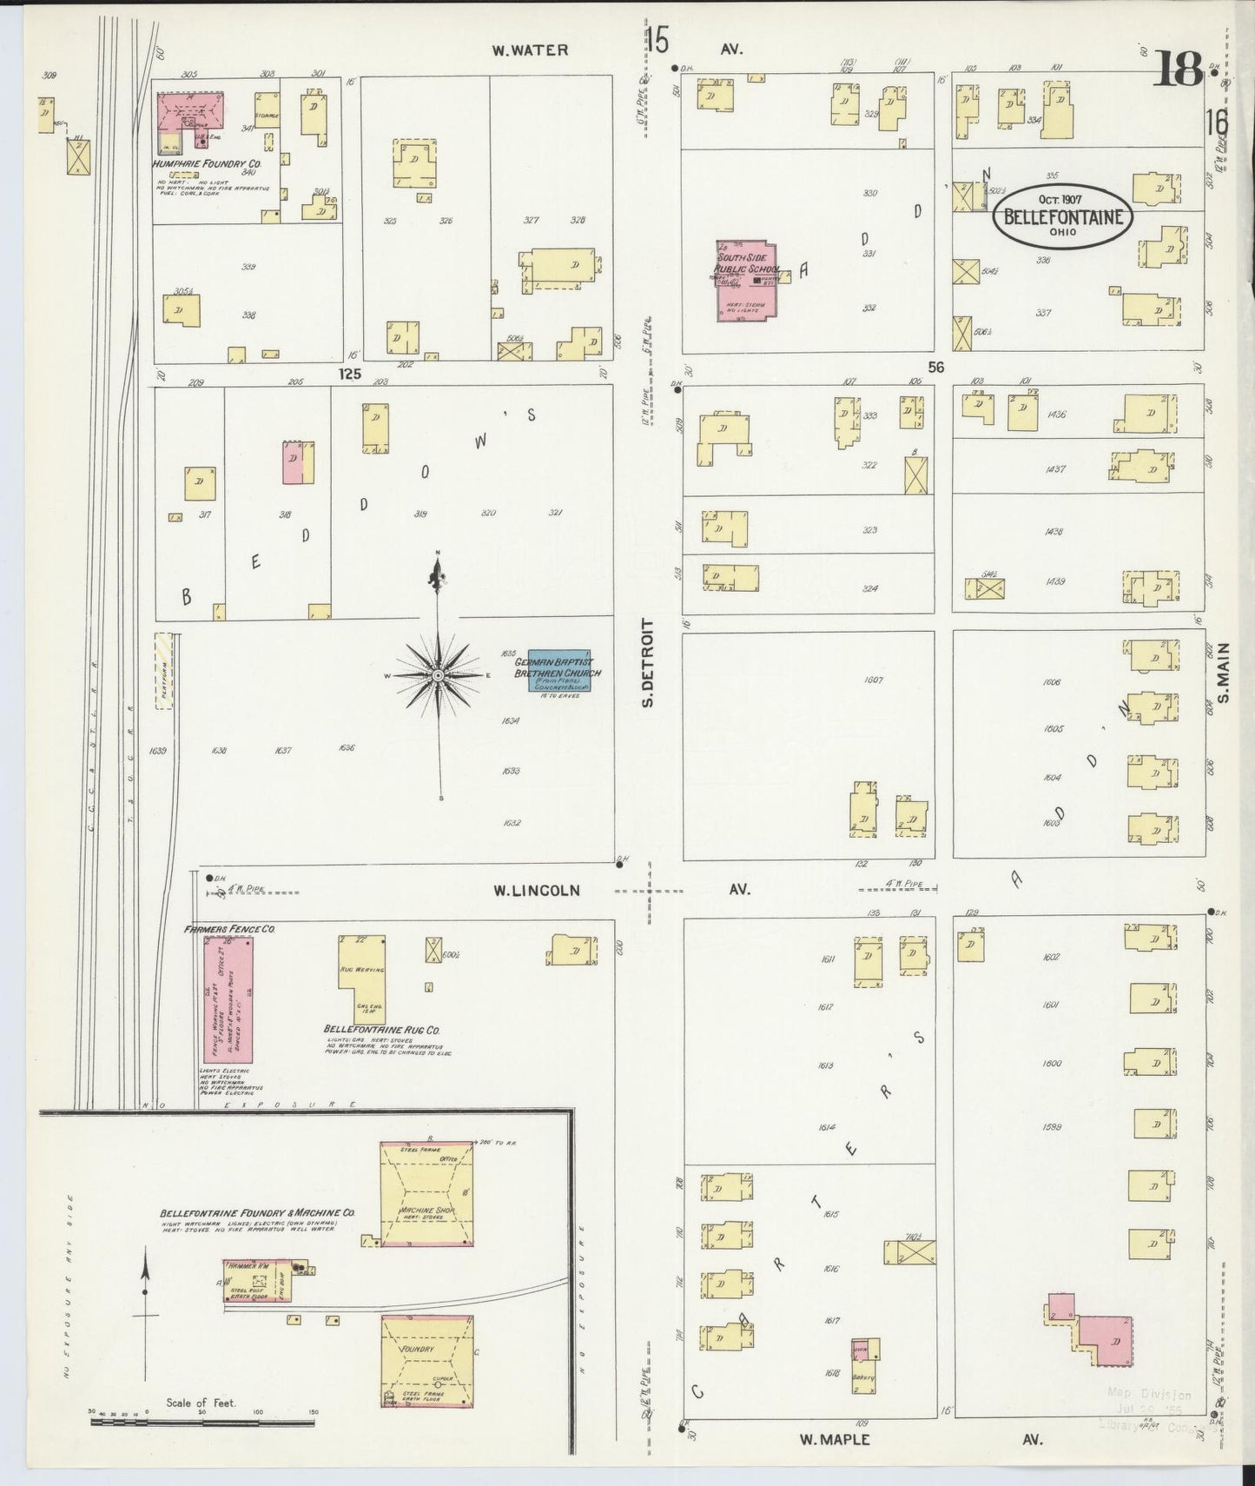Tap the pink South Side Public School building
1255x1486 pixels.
pyautogui.click(x=745, y=281)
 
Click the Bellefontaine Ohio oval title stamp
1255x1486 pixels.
pyautogui.click(x=1063, y=216)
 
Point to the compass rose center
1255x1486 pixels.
pyautogui.click(x=439, y=675)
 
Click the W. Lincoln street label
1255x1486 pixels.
pyautogui.click(x=536, y=890)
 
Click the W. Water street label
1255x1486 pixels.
pyautogui.click(x=530, y=50)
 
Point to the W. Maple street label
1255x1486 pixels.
pyautogui.click(x=835, y=1439)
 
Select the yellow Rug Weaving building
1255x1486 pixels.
pyautogui.click(x=361, y=979)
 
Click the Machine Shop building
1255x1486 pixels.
pyautogui.click(x=427, y=1193)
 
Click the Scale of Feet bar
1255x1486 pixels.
pyautogui.click(x=203, y=1423)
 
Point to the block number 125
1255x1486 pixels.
pyautogui.click(x=349, y=374)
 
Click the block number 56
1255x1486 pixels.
pyautogui.click(x=935, y=368)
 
